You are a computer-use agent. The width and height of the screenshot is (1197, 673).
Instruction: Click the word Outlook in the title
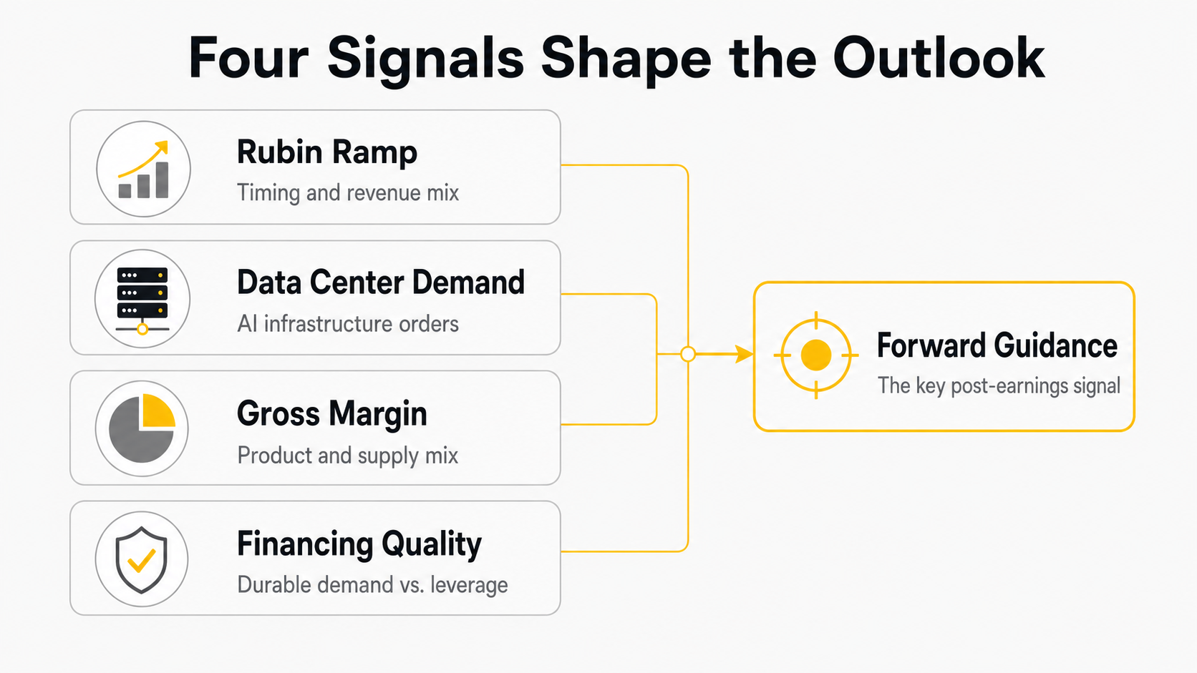point(939,58)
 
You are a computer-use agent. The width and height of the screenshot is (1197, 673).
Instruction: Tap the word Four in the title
point(249,58)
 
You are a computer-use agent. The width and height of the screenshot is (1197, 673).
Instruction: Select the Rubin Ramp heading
point(327,152)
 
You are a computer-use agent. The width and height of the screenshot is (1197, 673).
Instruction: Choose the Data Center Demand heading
point(381,283)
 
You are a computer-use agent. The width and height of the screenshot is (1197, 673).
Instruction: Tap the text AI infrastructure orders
point(348,324)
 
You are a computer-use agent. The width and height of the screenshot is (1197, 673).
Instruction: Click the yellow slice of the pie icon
point(158,411)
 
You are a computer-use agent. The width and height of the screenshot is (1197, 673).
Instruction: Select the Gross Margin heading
point(332,413)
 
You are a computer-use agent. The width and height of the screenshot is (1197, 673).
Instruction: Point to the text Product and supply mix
point(348,456)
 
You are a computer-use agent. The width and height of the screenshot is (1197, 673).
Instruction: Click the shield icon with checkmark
point(142,560)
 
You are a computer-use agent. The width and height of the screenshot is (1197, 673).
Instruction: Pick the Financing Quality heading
point(359,544)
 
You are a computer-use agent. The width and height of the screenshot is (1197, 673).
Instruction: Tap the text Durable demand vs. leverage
point(372,585)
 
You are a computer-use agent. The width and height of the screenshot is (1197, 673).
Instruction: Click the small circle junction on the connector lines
point(688,354)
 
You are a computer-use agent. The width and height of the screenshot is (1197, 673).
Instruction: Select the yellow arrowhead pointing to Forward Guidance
point(745,354)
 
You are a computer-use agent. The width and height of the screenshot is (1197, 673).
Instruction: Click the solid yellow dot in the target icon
point(816,355)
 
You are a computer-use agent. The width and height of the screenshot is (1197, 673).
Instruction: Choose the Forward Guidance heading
point(997,345)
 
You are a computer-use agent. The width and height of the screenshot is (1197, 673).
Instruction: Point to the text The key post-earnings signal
point(999,386)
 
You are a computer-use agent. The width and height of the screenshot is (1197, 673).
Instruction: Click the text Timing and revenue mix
point(348,192)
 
